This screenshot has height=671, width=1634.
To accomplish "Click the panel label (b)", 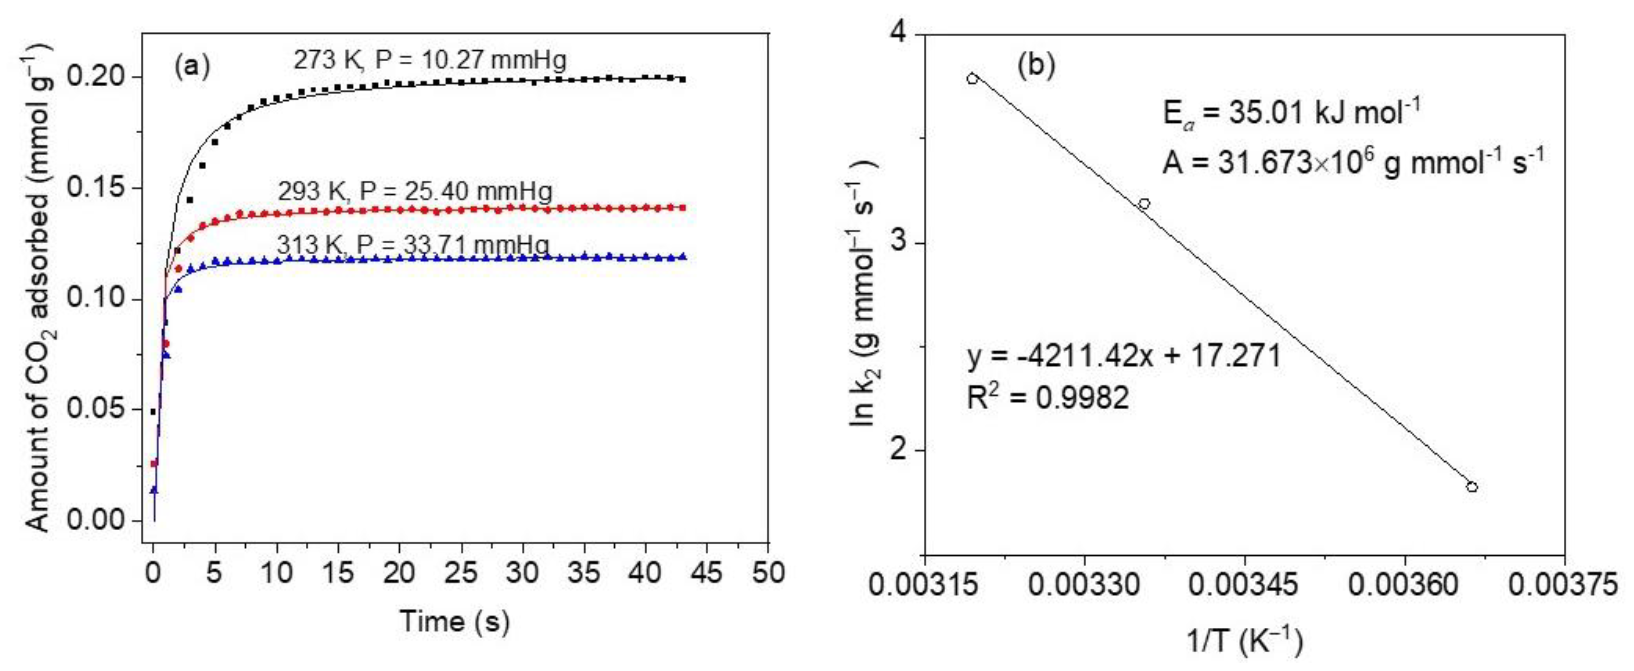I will click(x=1037, y=66).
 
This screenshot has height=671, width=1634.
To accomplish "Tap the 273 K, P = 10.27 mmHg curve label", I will click(x=429, y=60).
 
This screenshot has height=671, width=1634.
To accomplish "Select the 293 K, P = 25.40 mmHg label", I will click(x=415, y=191).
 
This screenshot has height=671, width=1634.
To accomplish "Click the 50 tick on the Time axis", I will click(x=768, y=573).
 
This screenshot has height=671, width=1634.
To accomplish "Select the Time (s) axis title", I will click(x=455, y=621).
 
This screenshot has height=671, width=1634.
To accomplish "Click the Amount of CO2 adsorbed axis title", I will click(x=40, y=286).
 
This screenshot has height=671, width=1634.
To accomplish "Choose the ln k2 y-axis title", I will click(x=863, y=293).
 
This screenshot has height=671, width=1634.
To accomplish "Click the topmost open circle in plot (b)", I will click(x=972, y=79).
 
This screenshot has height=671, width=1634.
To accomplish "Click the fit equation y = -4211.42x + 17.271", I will click(x=1124, y=357).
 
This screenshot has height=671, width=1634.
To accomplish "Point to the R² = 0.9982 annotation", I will click(x=1048, y=398).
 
